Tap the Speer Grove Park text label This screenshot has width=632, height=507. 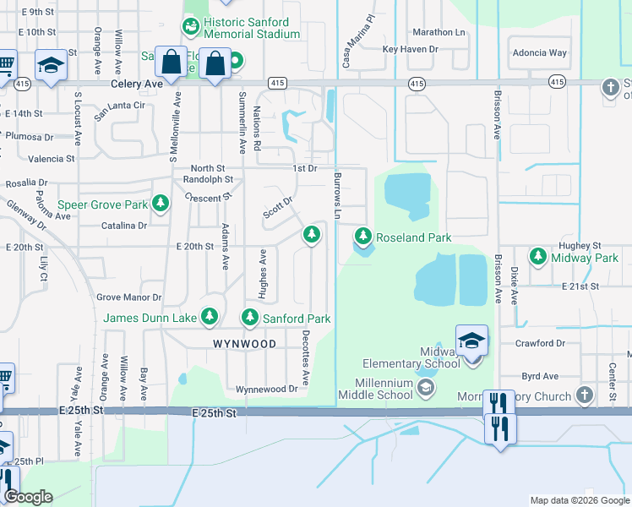pyautogui.click(x=101, y=204)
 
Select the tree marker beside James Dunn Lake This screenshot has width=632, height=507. pyautogui.click(x=210, y=318)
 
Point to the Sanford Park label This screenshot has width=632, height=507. pyautogui.click(x=296, y=319)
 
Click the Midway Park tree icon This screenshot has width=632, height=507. pyautogui.click(x=537, y=255)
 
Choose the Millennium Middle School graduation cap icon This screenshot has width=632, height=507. pyautogui.click(x=426, y=387)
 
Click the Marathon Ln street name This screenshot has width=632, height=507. pyautogui.click(x=439, y=32)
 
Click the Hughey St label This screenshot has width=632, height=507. pyautogui.click(x=579, y=244)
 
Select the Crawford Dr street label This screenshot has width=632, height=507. pyautogui.click(x=541, y=343)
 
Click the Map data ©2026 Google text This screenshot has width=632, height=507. pyautogui.click(x=579, y=500)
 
